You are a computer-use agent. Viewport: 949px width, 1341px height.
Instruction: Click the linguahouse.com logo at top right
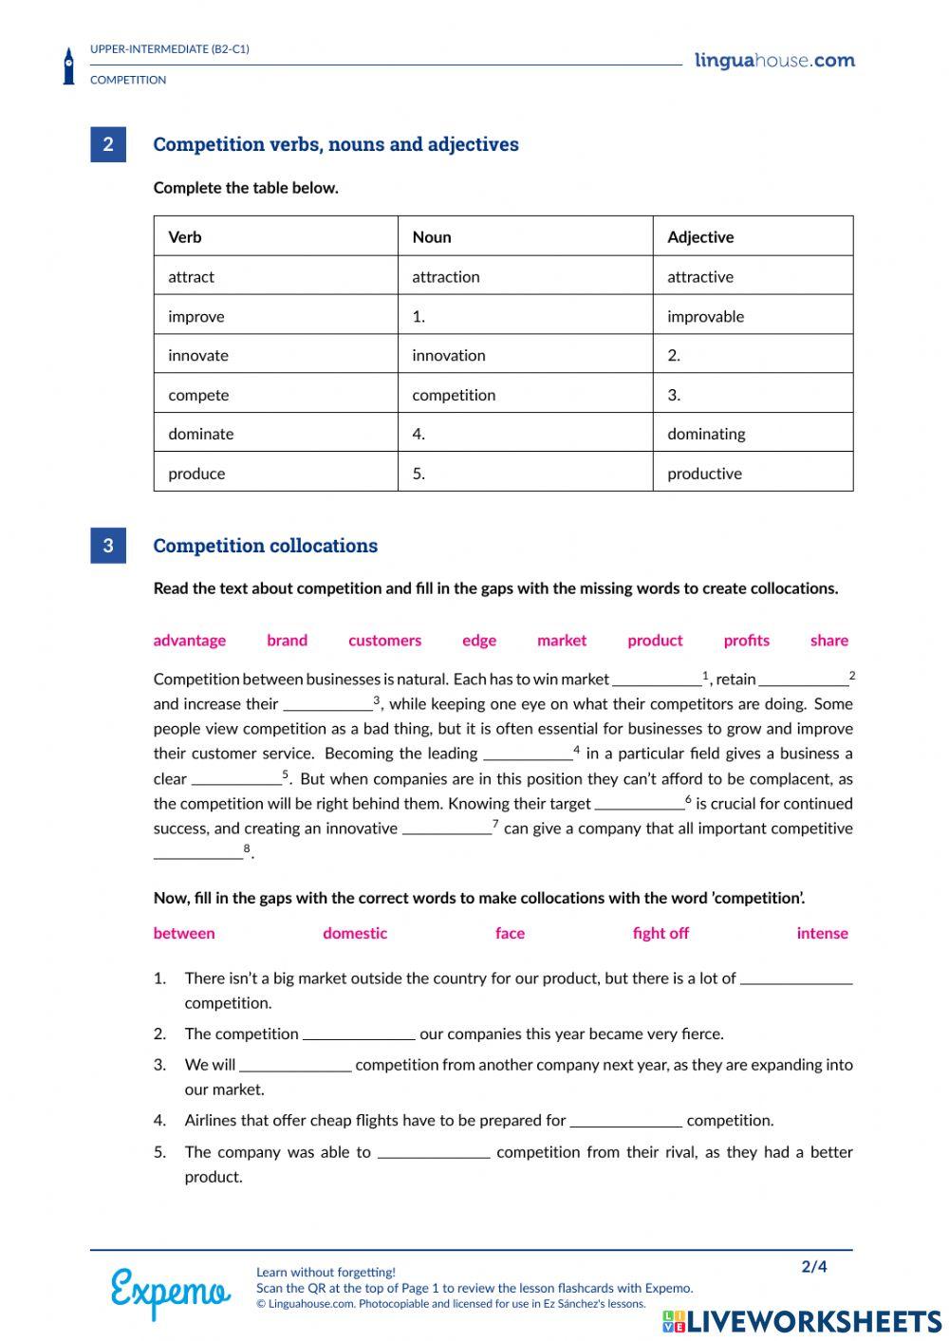click(x=774, y=61)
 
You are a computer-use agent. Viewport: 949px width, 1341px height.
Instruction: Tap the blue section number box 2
click(x=108, y=144)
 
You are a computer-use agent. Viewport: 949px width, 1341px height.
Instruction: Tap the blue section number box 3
click(x=108, y=546)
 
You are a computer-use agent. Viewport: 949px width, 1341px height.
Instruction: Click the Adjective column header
click(x=700, y=237)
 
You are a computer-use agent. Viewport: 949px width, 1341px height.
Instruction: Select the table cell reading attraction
click(x=446, y=277)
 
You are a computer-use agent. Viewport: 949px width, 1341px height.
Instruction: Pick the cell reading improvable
click(x=705, y=316)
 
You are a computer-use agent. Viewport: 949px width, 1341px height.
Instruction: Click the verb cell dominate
click(x=201, y=434)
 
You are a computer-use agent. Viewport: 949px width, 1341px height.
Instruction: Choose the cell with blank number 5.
click(x=524, y=473)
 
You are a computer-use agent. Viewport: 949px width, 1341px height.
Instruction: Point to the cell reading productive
click(x=704, y=474)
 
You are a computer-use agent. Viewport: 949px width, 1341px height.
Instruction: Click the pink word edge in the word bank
click(x=479, y=641)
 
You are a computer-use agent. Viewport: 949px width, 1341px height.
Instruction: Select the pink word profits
click(x=746, y=641)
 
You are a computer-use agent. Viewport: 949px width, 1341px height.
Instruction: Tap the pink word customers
click(x=384, y=641)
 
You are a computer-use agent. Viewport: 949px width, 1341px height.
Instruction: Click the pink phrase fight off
click(x=661, y=933)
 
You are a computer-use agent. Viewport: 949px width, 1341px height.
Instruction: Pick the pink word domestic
click(x=355, y=933)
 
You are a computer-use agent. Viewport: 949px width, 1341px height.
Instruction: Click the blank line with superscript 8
click(x=198, y=855)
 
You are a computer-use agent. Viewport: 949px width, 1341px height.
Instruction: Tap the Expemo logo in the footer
click(x=171, y=1292)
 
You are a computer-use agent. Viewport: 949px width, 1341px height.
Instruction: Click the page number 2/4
click(x=814, y=1267)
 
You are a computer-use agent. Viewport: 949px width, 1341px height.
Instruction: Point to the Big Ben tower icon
click(x=68, y=66)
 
